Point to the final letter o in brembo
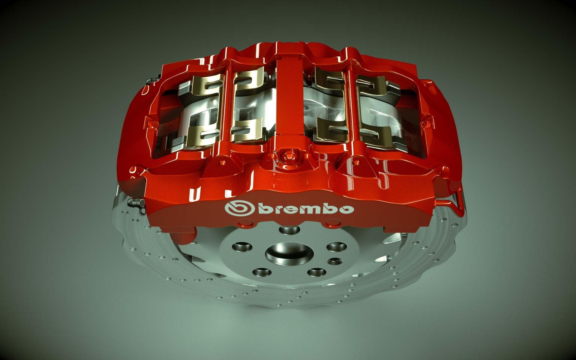[x=346, y=209]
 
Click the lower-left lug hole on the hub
[x=260, y=272]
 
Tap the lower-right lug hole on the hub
[x=314, y=272]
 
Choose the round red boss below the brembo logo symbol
[x=245, y=223]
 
